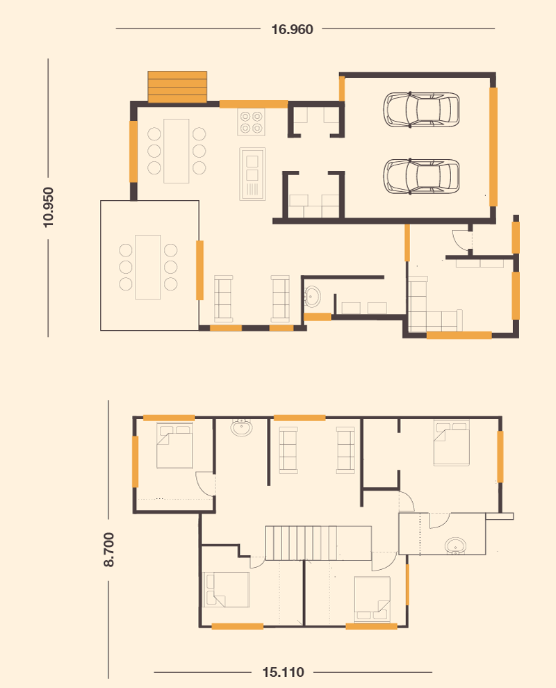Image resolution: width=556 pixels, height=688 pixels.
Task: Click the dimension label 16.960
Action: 293,29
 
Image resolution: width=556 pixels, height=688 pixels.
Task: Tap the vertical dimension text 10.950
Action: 48,207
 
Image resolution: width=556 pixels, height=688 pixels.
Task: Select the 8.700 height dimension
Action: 108,549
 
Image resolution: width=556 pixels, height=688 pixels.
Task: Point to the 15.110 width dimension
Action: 283,672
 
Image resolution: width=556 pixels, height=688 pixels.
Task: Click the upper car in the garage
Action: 421,109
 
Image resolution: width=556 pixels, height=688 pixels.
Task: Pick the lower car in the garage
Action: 421,176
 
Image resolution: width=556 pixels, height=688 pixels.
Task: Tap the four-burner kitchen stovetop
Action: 251,122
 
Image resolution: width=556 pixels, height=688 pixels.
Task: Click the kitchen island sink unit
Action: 252,174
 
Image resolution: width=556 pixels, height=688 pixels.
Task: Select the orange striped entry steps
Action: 177,87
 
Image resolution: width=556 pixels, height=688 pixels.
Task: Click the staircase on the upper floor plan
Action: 318,543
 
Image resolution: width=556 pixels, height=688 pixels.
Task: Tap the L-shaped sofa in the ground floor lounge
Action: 434,304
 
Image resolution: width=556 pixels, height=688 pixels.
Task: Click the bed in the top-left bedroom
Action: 174,445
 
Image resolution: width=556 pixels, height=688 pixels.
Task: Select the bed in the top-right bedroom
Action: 452,443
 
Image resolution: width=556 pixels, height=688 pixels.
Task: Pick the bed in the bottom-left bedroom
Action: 227,590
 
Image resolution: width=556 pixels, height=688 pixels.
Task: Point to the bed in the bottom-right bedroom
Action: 372,599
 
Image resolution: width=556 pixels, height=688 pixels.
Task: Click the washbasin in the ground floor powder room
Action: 312,297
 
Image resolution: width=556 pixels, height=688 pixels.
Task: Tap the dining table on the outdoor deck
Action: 148,267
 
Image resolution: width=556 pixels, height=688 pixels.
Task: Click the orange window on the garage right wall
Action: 493,147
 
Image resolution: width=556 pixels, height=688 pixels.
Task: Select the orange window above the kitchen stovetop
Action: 254,104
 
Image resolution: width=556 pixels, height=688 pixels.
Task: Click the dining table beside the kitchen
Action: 177,151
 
